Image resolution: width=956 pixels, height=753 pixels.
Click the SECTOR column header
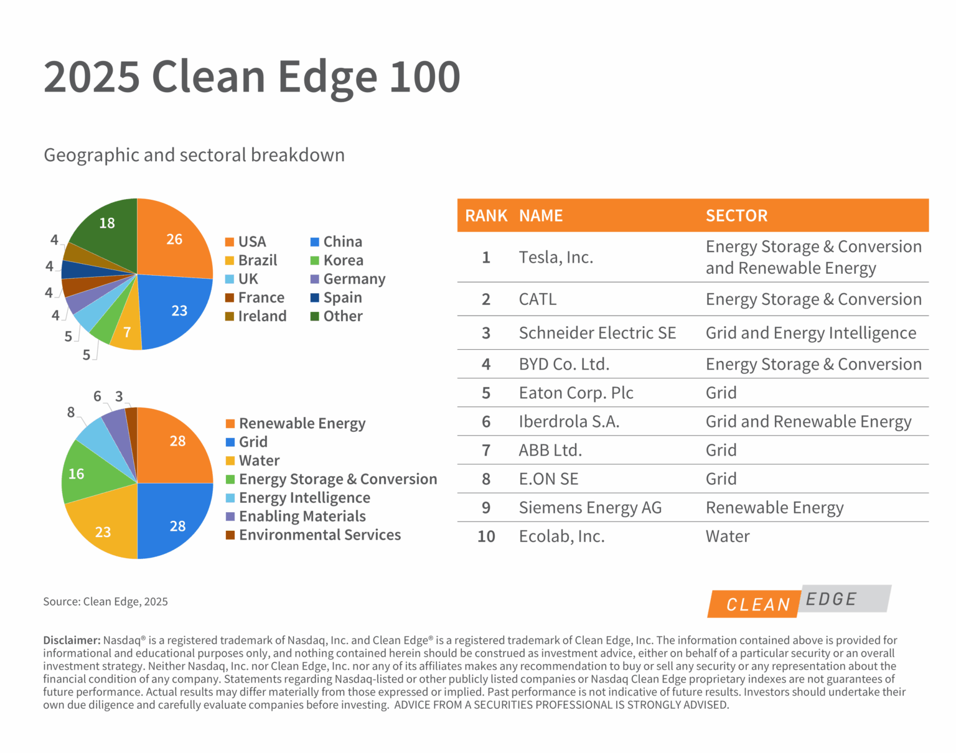click(x=736, y=216)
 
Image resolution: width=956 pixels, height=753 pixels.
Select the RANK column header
click(x=485, y=216)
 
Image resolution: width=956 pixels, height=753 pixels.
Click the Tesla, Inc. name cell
click(x=556, y=258)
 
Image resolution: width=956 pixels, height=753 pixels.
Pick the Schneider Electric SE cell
click(x=597, y=333)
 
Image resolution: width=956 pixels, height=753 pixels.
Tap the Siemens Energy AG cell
click(x=589, y=508)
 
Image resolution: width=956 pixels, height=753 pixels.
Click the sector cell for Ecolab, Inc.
click(x=727, y=536)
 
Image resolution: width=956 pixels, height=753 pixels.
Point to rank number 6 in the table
click(x=486, y=422)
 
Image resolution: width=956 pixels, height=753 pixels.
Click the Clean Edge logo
click(x=799, y=601)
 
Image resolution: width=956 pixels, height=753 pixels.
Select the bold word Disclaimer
click(x=71, y=640)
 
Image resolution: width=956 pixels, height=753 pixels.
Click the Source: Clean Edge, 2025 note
click(x=105, y=602)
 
